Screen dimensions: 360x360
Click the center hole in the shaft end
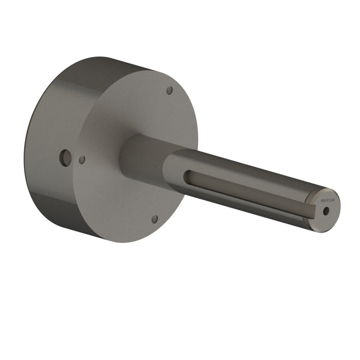[326, 211]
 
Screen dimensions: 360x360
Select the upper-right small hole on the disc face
[170, 90]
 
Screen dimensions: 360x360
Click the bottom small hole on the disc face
[155, 219]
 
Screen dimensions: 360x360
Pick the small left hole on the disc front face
[82, 160]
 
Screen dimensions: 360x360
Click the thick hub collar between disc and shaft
[140, 159]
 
